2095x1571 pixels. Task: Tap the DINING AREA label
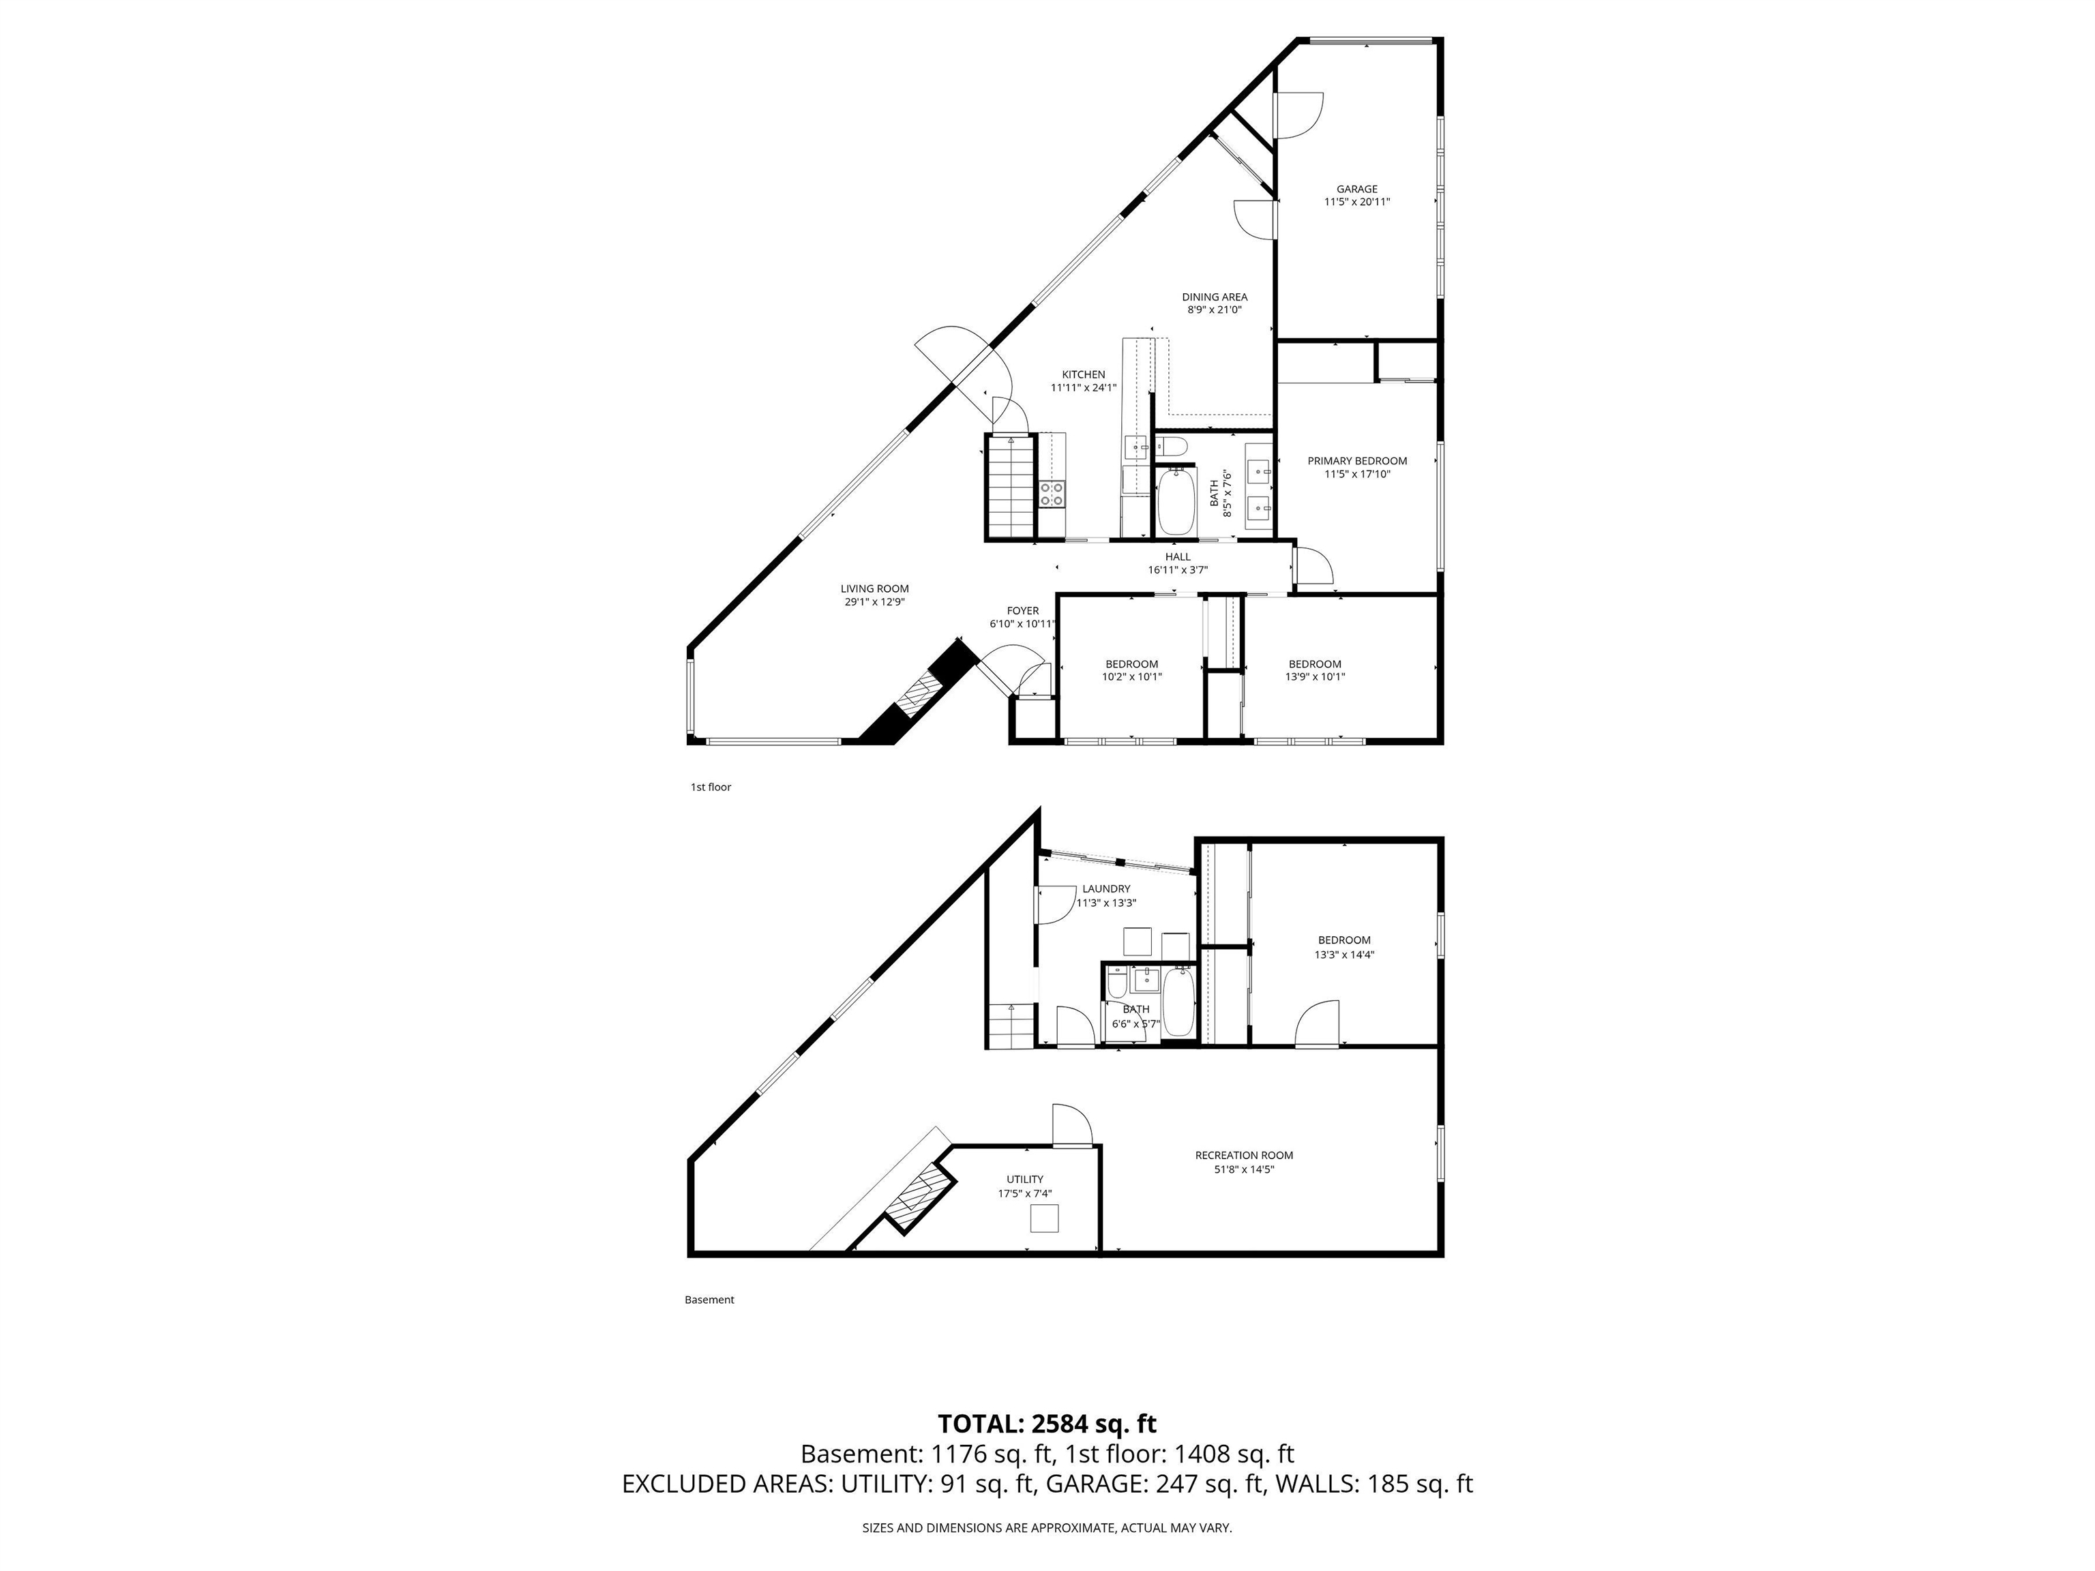click(x=1214, y=297)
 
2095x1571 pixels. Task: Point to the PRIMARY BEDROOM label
click(x=1356, y=461)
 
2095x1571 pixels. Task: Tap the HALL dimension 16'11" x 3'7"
click(x=1177, y=570)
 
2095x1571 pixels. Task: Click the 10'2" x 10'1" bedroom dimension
click(x=1131, y=677)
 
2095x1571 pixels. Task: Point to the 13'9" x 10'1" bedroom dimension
click(x=1315, y=677)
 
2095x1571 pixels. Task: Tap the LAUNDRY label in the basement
click(x=1106, y=889)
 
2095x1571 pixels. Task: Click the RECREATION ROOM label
click(x=1243, y=1155)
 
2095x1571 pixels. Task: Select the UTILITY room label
click(x=1025, y=1180)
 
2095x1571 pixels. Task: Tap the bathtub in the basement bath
click(x=1178, y=1002)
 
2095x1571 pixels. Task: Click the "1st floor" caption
click(x=711, y=787)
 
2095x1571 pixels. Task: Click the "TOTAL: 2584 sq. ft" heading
click(x=1047, y=1423)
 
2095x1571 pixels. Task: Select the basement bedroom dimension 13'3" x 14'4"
click(x=1344, y=955)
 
